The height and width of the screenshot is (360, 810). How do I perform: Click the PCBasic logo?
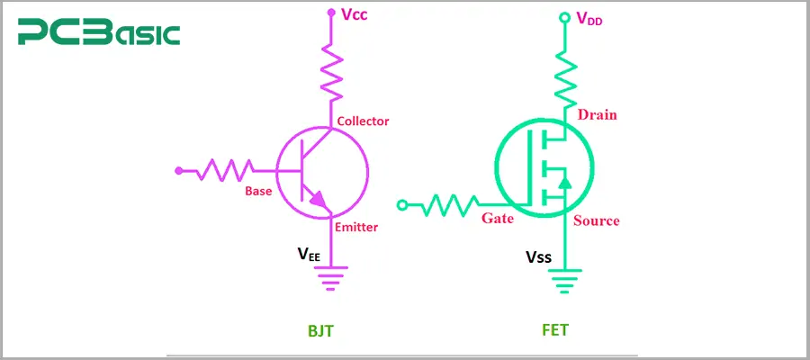coord(99,34)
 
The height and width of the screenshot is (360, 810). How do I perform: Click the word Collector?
coord(363,121)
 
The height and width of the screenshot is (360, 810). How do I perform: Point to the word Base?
coord(259,191)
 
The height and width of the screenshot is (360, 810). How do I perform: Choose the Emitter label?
coord(356,227)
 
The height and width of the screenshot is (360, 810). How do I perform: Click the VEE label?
coord(309,254)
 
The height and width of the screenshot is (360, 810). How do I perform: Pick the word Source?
coord(596,220)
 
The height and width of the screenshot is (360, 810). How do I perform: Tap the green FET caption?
coord(555,330)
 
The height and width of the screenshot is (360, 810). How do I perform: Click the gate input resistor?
coord(448,205)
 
